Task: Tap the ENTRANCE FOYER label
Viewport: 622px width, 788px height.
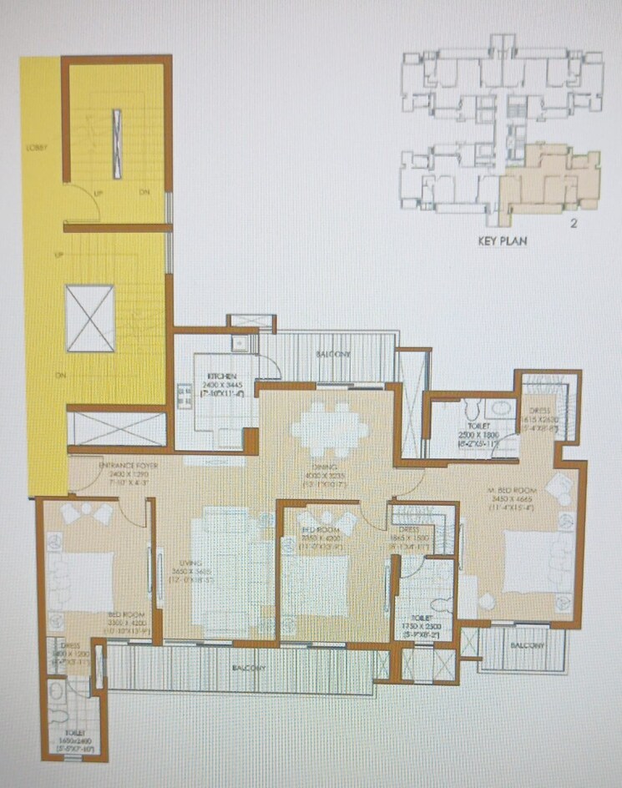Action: coord(124,464)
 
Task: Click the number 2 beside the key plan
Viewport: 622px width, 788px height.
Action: coord(574,223)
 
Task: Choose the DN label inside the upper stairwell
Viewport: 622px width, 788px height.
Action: coord(144,193)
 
